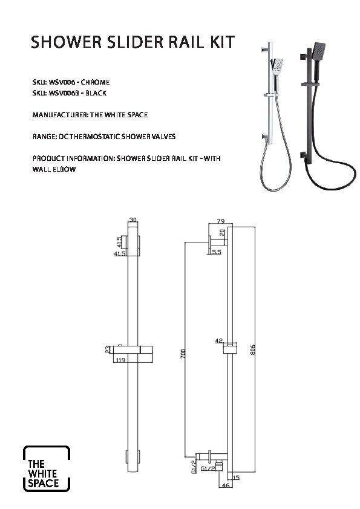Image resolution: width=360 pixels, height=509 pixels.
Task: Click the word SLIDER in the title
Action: (135, 42)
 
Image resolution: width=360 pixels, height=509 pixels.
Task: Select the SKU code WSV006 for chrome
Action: (62, 82)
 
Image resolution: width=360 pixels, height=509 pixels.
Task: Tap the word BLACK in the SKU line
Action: (96, 93)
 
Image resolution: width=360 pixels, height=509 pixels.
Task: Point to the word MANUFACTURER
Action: (60, 115)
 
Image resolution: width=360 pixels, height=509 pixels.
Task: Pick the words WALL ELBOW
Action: (54, 169)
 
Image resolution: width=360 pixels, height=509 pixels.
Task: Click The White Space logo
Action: (47, 468)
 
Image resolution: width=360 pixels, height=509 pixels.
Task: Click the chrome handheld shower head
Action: (277, 66)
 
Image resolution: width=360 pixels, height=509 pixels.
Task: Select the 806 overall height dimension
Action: (253, 349)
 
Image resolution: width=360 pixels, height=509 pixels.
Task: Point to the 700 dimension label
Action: (183, 354)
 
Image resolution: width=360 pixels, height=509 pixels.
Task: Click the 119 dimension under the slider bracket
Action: (121, 360)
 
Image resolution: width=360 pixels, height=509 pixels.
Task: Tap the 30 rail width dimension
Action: (133, 220)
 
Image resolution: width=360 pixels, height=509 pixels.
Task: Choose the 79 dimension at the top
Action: (220, 221)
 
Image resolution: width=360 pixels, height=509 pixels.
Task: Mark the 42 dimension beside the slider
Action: (219, 341)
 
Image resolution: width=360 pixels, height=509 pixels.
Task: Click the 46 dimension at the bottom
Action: (226, 485)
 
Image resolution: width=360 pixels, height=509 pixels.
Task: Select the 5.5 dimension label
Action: (217, 252)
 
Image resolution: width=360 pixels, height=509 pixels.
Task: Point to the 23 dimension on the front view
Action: (108, 349)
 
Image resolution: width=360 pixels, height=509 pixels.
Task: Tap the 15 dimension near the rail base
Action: (236, 478)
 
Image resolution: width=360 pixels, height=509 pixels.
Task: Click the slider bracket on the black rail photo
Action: (310, 84)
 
